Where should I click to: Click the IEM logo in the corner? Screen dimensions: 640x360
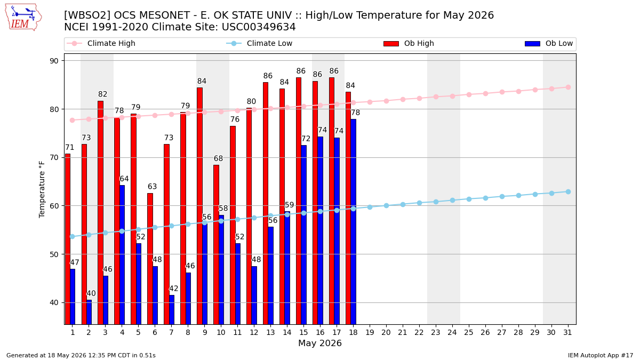coord(23,18)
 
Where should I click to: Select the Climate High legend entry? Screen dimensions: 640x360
coord(101,43)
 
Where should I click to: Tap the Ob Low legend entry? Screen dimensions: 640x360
coord(549,43)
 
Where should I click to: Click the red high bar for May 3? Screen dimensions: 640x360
coord(101,213)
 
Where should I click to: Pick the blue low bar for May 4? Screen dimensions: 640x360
coord(122,255)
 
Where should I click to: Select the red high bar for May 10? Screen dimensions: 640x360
coord(217,245)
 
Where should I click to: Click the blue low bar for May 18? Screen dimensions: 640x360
coord(354,222)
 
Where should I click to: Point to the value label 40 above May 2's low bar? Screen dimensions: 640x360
coord(91,293)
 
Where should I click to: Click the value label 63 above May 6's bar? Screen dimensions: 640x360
coord(153,187)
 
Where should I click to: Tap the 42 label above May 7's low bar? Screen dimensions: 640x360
coord(174,289)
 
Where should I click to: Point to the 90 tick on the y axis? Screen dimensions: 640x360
coord(54,61)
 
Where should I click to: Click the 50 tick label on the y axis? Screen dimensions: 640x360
coord(54,254)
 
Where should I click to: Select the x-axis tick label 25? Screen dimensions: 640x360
coord(469,333)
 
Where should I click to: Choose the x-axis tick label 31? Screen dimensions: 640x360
coord(567,333)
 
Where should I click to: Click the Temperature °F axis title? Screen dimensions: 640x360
coord(42,189)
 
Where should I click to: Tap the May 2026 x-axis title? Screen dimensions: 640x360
coord(320,343)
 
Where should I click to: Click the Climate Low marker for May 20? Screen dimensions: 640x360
coord(386,206)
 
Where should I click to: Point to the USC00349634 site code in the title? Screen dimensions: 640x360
coord(259,27)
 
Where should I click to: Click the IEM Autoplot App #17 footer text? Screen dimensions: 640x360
coord(601,355)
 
